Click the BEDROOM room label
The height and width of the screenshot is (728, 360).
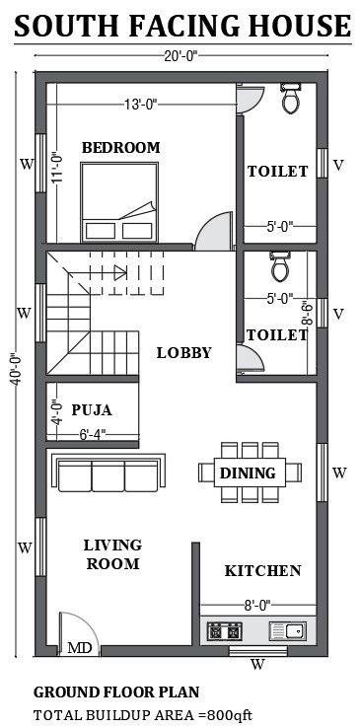coord(121,148)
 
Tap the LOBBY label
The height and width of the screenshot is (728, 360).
coord(184,353)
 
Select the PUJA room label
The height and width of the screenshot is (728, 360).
coord(92,410)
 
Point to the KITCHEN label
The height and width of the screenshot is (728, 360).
coord(263,570)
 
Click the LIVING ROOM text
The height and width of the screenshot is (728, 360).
coord(112,554)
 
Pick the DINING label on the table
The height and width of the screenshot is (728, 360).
coord(248,473)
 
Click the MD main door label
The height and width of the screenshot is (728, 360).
coord(79,647)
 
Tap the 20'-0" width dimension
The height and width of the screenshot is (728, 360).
coord(180,55)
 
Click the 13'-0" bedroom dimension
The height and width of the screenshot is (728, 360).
coord(141,105)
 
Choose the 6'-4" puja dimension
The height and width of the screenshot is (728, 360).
coord(93,435)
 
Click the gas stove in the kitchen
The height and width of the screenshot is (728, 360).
coord(225,631)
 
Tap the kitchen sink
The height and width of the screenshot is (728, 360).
coord(288,631)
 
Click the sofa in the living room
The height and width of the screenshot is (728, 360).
coord(108,473)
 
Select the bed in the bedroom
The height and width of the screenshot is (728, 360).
coord(119,202)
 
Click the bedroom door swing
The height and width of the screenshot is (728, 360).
coord(214,231)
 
